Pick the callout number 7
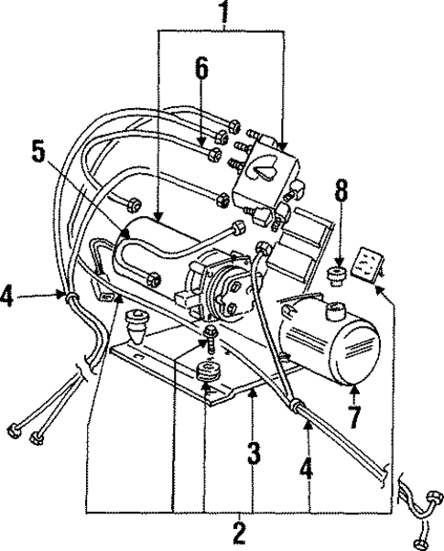point(354,424)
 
